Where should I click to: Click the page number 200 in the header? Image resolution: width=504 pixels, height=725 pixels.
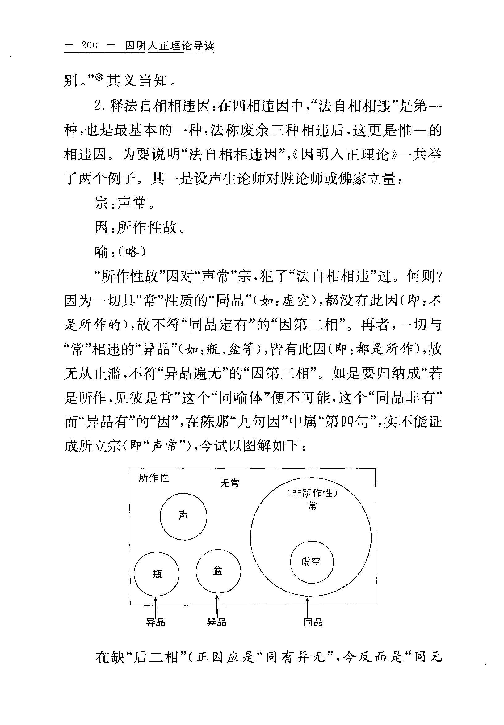coord(89,45)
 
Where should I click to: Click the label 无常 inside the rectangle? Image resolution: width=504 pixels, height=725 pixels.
coord(230,483)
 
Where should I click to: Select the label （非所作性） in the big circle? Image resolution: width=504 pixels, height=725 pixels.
coord(312,493)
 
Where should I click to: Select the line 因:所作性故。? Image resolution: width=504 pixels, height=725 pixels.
coord(140,227)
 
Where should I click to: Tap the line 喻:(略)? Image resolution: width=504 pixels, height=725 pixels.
coord(120,252)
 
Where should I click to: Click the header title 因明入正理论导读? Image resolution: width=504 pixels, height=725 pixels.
coord(170,46)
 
